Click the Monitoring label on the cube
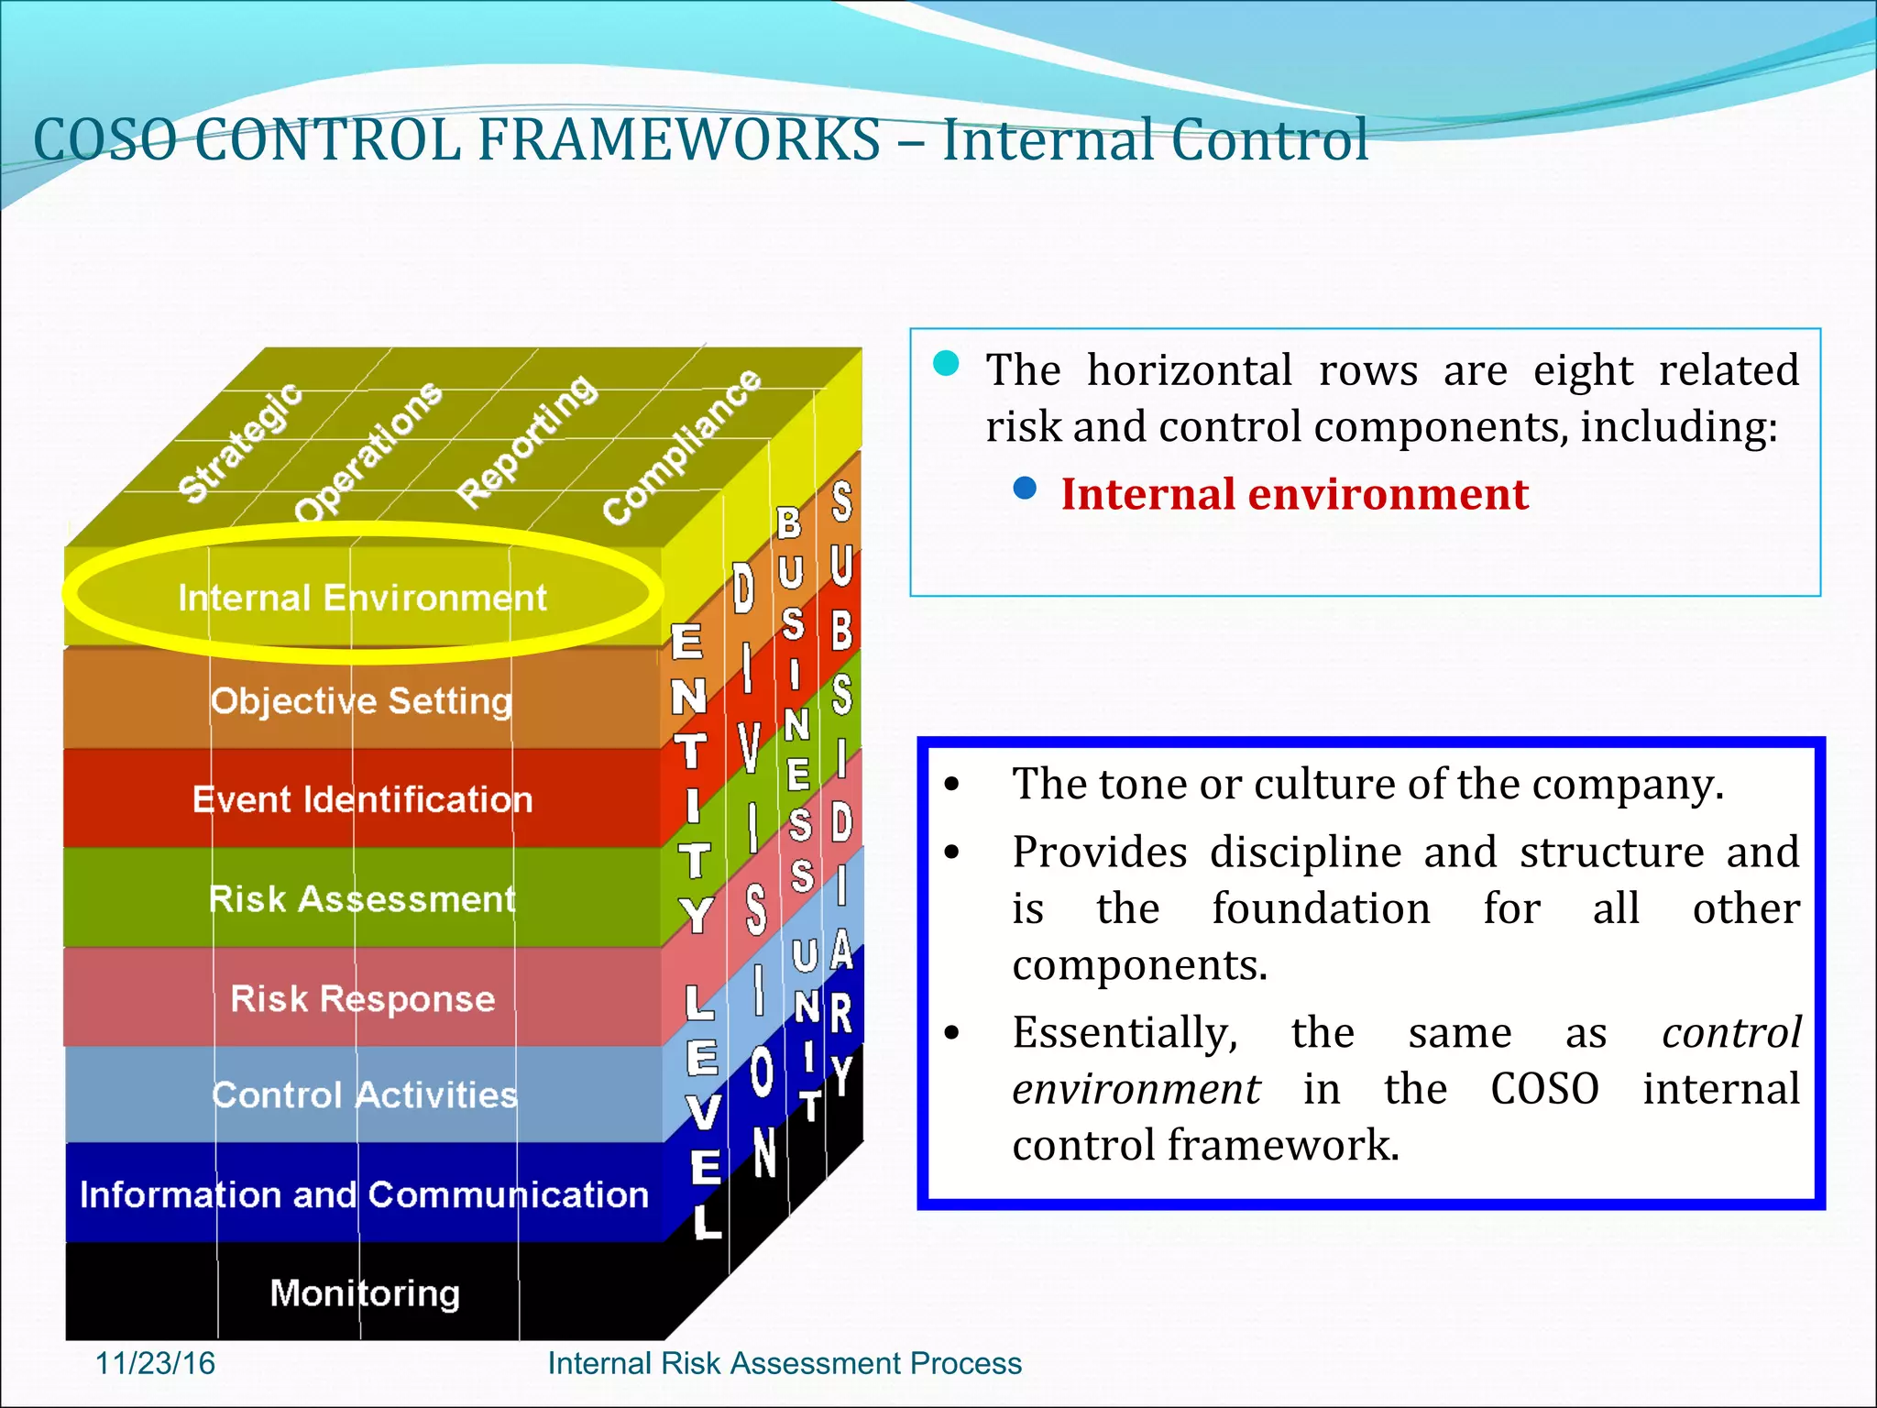point(365,1293)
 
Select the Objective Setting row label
point(361,701)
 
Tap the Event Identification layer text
point(362,800)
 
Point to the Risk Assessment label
point(362,899)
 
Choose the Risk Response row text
point(362,998)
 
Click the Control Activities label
point(364,1095)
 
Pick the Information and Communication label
point(364,1194)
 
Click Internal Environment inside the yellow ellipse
point(362,599)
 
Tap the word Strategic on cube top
point(239,442)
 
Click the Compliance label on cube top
point(682,446)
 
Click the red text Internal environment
point(1294,494)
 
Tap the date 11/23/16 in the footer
point(155,1363)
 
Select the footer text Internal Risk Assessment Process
point(785,1363)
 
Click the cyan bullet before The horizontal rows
point(946,364)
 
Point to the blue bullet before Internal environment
point(1025,488)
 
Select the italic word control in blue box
point(1730,1033)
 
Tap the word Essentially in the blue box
point(1125,1033)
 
